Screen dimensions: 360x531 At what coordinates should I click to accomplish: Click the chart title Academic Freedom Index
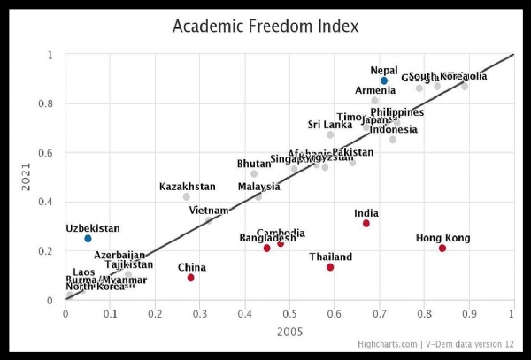tap(265, 26)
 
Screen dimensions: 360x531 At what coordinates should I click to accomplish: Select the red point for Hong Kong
tap(442, 249)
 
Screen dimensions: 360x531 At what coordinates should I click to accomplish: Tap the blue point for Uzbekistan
tap(88, 239)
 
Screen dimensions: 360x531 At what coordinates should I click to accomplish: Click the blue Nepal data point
tap(384, 80)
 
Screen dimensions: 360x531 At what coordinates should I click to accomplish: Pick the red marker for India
tap(366, 224)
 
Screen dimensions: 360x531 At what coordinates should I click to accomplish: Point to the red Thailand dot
tap(330, 267)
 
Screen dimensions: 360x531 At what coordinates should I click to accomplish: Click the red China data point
tap(190, 278)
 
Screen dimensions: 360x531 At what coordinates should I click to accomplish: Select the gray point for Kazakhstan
tap(187, 196)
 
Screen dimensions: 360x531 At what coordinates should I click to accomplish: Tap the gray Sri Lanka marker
tap(330, 135)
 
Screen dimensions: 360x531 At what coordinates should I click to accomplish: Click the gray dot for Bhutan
tap(254, 174)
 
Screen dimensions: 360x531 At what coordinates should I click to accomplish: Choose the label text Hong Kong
tap(442, 238)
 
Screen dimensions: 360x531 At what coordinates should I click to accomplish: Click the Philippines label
tap(397, 112)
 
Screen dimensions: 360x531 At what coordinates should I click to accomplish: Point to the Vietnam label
tap(209, 211)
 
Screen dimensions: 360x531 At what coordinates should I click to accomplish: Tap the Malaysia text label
tap(259, 187)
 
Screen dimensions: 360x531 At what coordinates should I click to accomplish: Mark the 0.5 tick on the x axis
tap(289, 313)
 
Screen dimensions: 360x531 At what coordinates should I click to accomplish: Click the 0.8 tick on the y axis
tap(49, 103)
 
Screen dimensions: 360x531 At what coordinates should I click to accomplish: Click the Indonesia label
tap(394, 130)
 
